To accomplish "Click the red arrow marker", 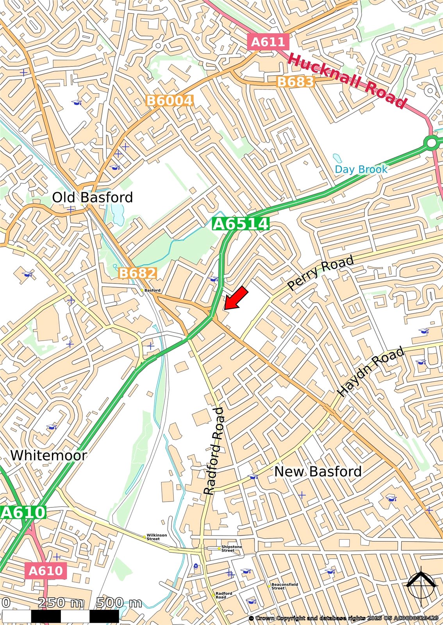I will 237,298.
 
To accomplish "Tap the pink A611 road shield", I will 268,41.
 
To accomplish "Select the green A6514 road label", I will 241,224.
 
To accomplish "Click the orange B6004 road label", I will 170,101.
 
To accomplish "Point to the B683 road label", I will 295,82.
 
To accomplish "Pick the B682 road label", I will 137,273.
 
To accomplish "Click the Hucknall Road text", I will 347,81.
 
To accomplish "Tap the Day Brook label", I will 361,169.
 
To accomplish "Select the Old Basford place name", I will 93,197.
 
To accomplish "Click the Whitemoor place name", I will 48,455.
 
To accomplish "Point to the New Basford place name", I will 318,471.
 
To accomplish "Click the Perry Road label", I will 320,272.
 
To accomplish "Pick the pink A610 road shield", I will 45,571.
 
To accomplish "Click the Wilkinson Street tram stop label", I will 156,537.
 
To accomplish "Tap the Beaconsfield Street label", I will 284,586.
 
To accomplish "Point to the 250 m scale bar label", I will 61,603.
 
